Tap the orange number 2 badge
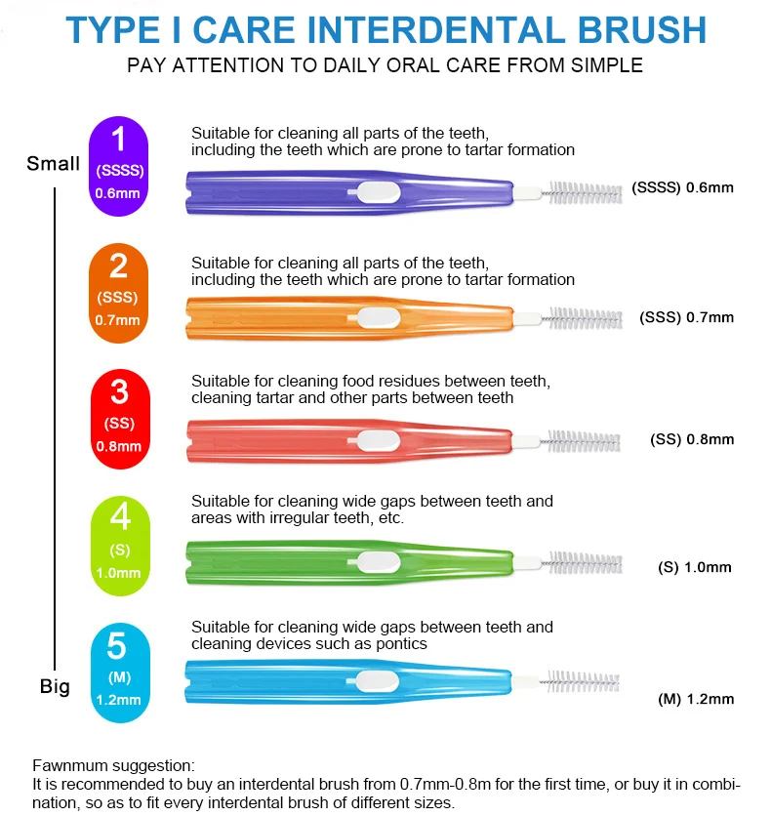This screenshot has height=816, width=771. pos(118,292)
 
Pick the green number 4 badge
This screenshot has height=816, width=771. pos(118,545)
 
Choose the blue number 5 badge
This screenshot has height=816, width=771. pos(118,672)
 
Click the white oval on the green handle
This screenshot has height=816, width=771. pos(376,561)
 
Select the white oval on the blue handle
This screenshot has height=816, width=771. pos(376,682)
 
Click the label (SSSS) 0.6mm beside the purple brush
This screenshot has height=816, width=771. pos(682,187)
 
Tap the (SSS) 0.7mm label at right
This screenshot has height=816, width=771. pos(686,317)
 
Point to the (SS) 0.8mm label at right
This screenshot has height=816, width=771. pos(691,439)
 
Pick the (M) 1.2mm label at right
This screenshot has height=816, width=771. pos(695,699)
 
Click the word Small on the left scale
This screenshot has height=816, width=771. pos(54,163)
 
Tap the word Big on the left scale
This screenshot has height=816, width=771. pos(55,686)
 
